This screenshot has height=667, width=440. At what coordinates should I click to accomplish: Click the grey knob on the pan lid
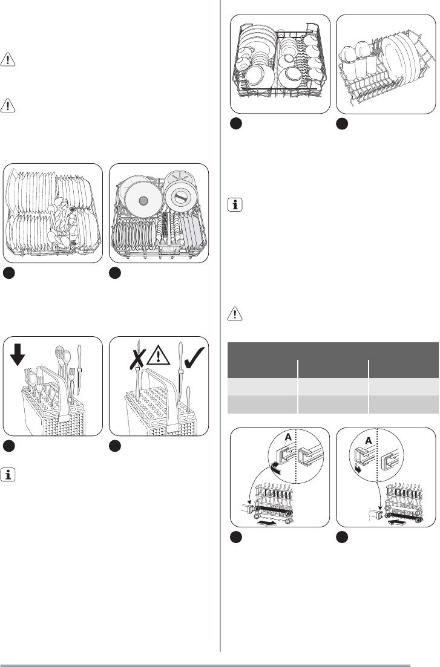pos(143,201)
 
